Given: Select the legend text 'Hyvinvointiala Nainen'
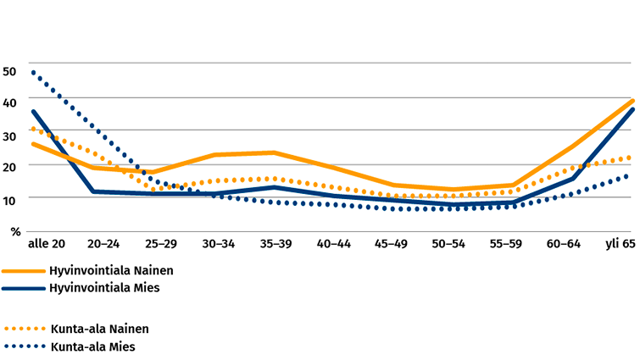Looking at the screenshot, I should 105,271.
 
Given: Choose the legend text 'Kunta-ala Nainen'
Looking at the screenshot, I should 93,329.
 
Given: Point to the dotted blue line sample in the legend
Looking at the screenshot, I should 24,346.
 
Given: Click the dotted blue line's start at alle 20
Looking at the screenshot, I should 33,72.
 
